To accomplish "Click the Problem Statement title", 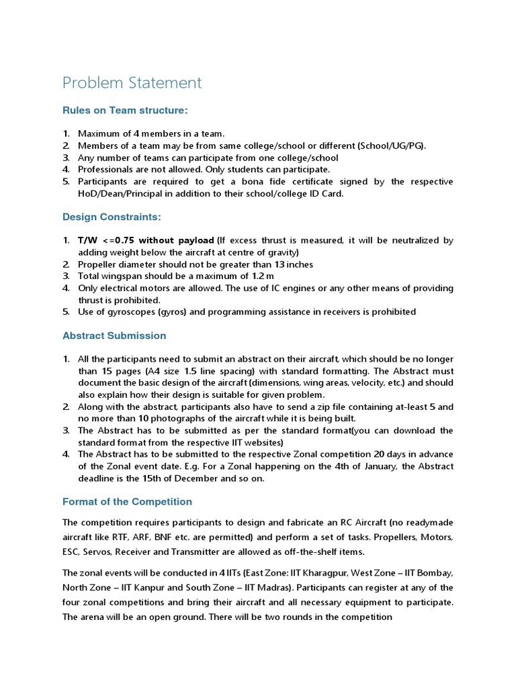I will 132,83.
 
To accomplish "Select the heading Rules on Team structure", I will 125,109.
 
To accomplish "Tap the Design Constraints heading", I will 112,217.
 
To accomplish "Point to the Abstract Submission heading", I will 114,335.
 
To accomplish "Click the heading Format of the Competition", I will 127,501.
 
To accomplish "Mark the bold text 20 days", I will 364,454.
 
